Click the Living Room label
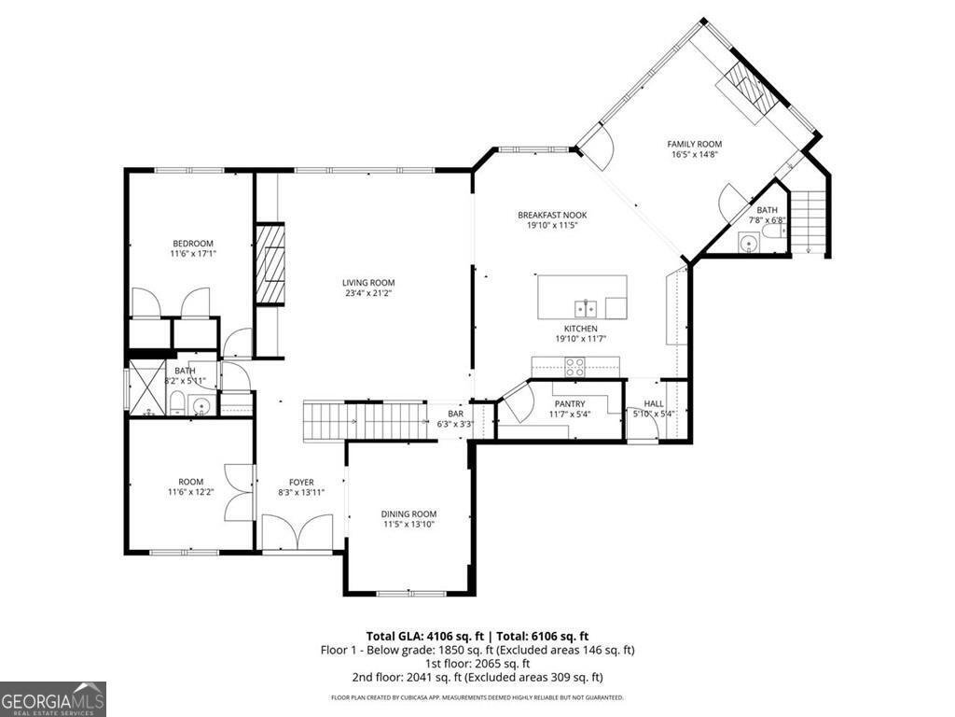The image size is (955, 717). tap(368, 283)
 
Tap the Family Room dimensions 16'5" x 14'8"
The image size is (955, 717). tap(694, 155)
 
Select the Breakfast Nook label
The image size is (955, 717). tap(552, 216)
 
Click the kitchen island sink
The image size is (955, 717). tap(586, 308)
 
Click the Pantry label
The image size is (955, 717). tap(569, 403)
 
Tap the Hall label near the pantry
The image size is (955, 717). tap(653, 403)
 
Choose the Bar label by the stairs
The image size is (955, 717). tap(455, 413)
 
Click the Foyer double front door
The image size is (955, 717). tap(297, 533)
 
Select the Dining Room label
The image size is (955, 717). tap(408, 514)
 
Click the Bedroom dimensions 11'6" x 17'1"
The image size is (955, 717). tap(192, 254)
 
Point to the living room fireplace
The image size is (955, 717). tap(270, 264)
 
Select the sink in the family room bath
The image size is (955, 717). tap(748, 243)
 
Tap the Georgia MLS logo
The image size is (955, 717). tap(53, 698)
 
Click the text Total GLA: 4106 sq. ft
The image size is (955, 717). tap(418, 636)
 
